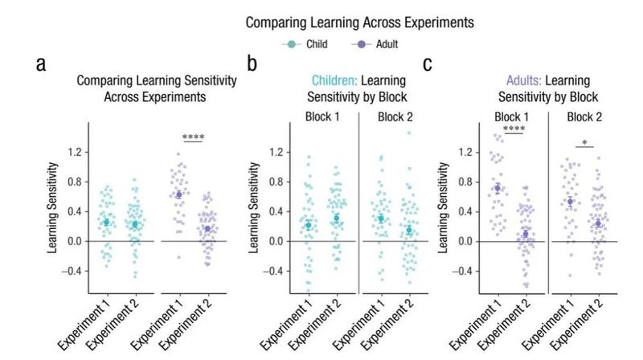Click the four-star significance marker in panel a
pyautogui.click(x=194, y=137)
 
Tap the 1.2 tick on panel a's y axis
pyautogui.click(x=76, y=152)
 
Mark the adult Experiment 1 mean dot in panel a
pyautogui.click(x=179, y=194)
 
